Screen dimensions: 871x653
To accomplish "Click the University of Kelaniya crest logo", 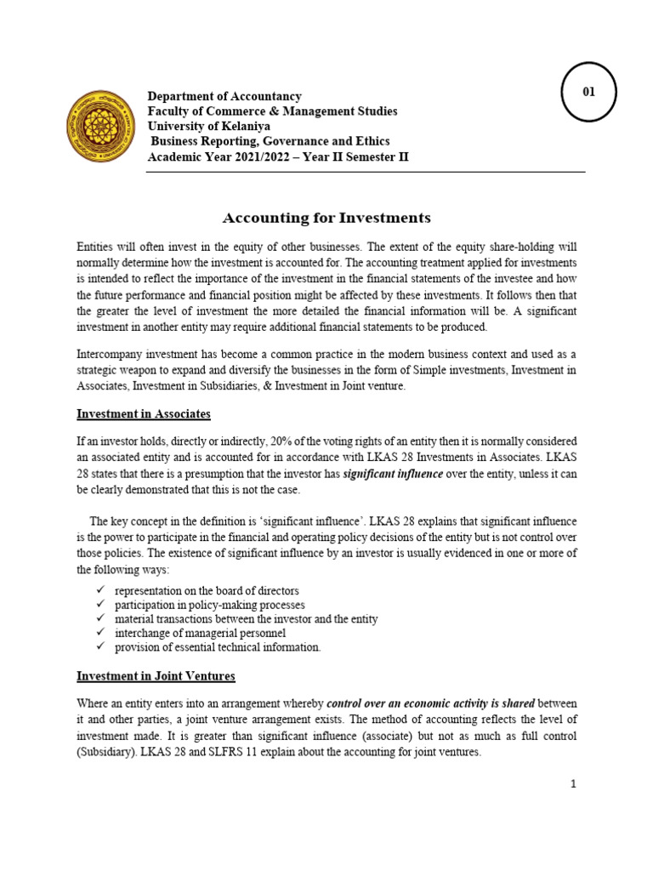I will click(x=100, y=127).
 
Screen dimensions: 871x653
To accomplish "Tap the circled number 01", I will click(x=589, y=91).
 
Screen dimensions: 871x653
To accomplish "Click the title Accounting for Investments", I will click(x=326, y=217).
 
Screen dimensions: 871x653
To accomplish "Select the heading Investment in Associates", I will click(x=144, y=413).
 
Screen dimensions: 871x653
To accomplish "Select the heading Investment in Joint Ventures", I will click(x=156, y=676).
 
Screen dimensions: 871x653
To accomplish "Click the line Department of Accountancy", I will click(x=224, y=96).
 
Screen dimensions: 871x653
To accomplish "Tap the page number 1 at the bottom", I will click(x=573, y=783).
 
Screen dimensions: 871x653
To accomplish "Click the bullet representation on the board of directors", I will click(x=207, y=590).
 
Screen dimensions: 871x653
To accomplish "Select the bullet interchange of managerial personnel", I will click(x=200, y=633).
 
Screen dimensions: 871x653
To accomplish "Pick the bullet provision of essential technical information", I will click(x=218, y=647).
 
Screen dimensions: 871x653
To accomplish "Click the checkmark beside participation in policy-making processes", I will click(x=100, y=605).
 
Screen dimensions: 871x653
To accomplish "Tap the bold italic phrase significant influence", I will click(x=393, y=475).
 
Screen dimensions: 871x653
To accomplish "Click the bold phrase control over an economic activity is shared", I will click(x=430, y=704).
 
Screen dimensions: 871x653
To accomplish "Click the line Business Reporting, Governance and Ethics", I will click(x=270, y=142).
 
